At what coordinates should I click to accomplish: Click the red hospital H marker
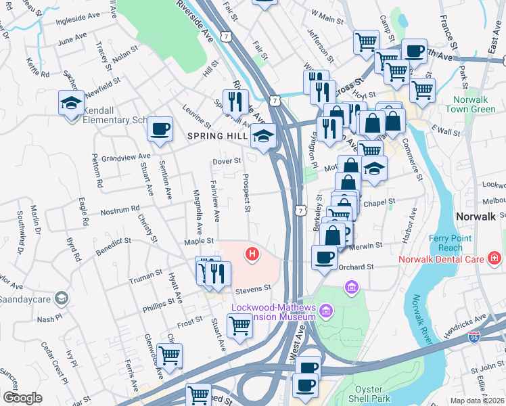point(252,254)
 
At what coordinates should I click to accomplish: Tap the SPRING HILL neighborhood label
point(216,136)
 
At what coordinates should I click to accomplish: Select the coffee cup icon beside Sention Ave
point(160,129)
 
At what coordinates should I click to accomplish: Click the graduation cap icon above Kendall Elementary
point(71,104)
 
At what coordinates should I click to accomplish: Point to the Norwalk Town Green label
point(474,104)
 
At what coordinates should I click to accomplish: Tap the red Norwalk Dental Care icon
point(495,258)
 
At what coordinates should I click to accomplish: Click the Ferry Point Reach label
point(446,243)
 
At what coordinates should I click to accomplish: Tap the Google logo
point(22,398)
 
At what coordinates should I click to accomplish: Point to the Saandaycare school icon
point(62,298)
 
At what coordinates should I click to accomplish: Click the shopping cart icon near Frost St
point(239,327)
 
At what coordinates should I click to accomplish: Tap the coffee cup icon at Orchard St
point(325,258)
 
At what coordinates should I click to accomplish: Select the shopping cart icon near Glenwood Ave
point(169,355)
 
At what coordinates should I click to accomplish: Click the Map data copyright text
point(478,401)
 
